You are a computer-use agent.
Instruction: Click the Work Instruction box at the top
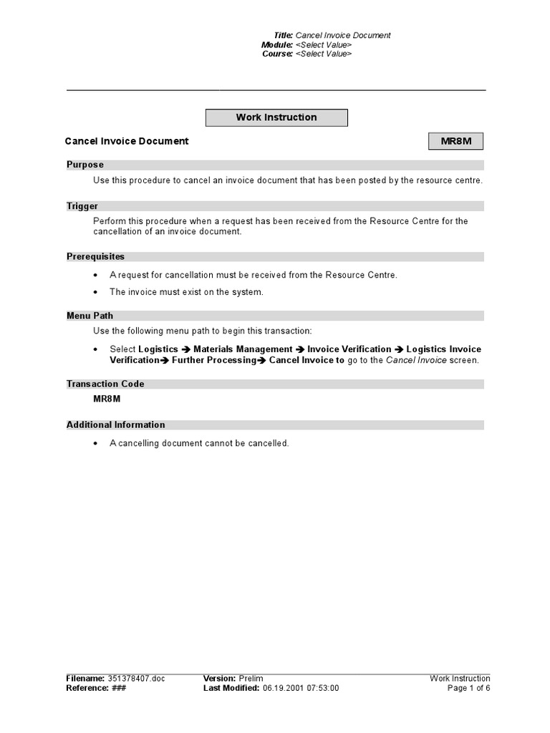point(276,117)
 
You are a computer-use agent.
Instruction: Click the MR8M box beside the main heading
point(456,141)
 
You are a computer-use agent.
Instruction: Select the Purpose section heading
point(85,165)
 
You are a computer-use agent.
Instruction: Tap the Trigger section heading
point(82,206)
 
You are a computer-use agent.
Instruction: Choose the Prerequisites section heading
point(95,256)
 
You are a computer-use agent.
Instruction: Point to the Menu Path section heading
point(90,316)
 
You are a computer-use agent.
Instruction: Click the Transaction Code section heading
point(105,384)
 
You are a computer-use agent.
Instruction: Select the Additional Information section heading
point(116,424)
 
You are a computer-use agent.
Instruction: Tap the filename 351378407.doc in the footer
point(136,679)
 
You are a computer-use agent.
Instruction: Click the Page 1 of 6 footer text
point(469,689)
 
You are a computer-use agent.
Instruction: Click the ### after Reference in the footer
point(120,689)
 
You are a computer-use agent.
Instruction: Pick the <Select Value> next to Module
point(324,44)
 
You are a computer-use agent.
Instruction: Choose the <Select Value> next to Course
point(324,54)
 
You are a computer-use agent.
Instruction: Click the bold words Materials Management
point(243,349)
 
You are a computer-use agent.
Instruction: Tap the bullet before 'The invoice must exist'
point(96,292)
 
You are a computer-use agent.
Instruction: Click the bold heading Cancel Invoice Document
point(127,141)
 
